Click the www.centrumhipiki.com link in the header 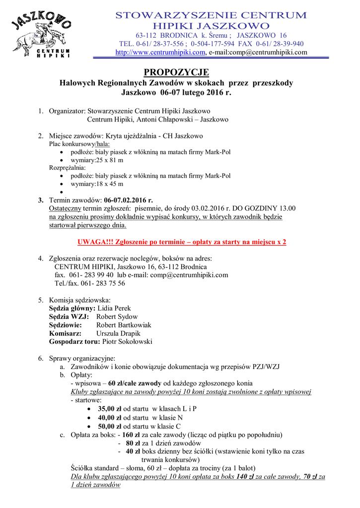click(160, 52)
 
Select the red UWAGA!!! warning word click(96, 242)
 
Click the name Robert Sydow click(117, 317)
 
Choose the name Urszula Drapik click(118, 333)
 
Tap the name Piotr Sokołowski click(127, 342)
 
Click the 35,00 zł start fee click(110, 409)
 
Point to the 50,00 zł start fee click(110, 426)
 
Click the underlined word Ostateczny click(65, 208)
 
